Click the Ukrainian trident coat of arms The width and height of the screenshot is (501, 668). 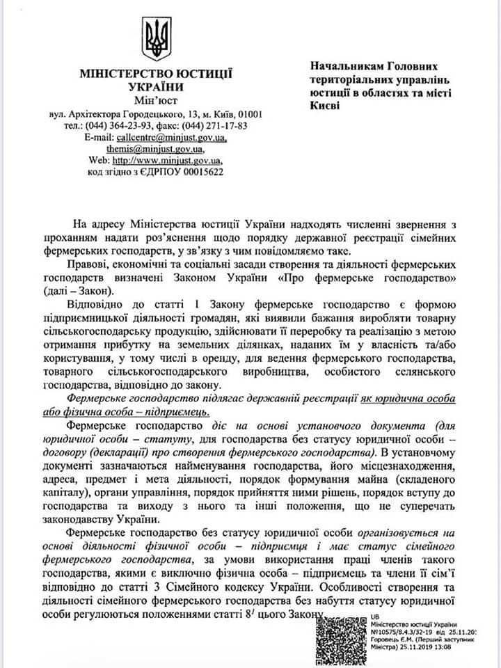(157, 40)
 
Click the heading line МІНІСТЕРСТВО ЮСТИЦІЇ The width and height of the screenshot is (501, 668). (156, 74)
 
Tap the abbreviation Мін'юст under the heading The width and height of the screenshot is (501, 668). (156, 102)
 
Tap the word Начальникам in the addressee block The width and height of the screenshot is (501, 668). (344, 66)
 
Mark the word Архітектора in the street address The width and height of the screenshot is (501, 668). (101, 114)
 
